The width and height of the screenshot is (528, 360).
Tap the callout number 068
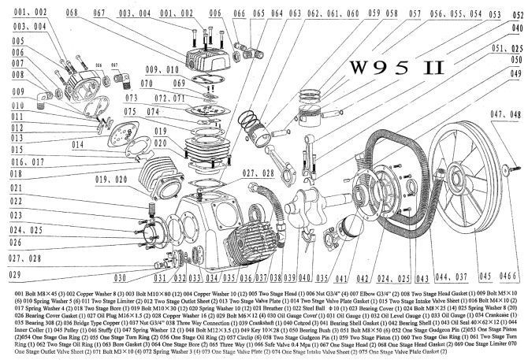72,14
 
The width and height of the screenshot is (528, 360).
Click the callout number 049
516,73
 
